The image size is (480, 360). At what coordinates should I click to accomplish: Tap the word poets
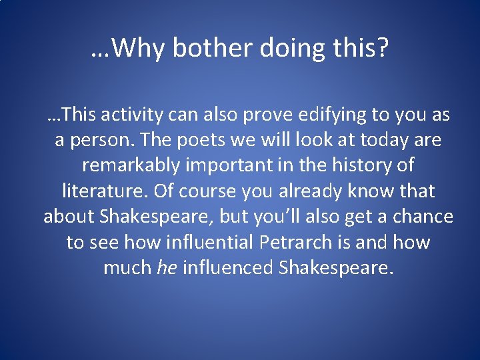(217, 141)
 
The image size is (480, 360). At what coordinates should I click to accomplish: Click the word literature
(104, 191)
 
